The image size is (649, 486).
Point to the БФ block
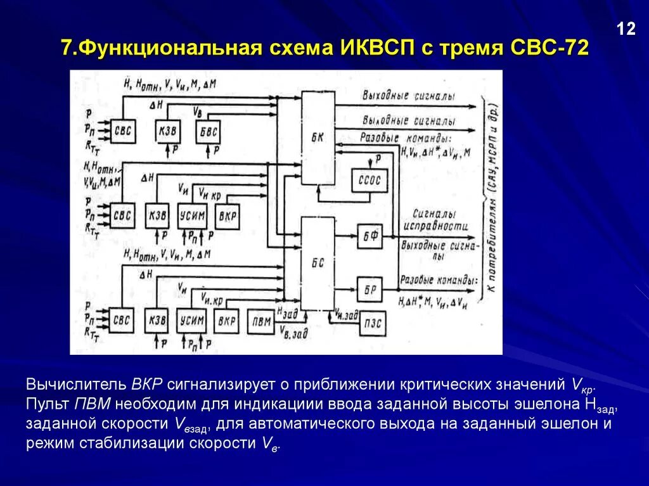click(x=369, y=236)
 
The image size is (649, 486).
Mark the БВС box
click(x=209, y=131)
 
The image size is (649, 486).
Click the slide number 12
click(x=626, y=29)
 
